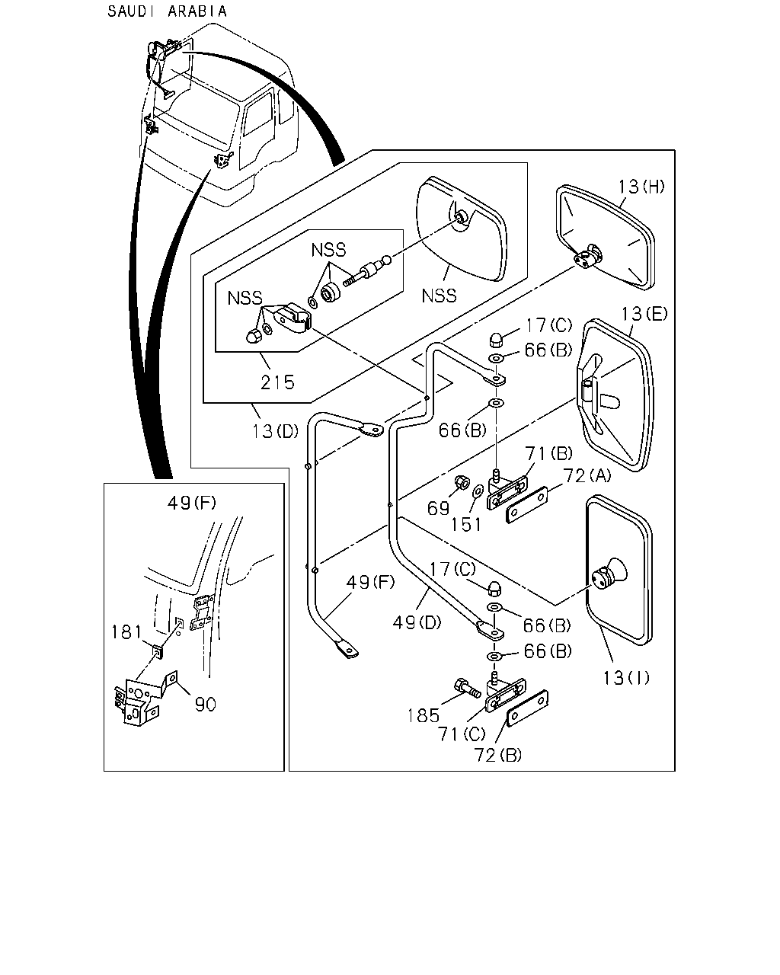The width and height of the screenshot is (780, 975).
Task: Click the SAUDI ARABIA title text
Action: (167, 11)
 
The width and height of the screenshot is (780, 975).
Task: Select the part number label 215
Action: (277, 382)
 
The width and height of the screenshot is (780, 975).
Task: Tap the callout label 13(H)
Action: (641, 186)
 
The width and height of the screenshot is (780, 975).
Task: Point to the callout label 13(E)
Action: (644, 314)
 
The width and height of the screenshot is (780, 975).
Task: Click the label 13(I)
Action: (626, 678)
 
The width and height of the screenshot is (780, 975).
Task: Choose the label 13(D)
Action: (276, 431)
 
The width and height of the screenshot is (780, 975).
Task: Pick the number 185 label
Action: (424, 716)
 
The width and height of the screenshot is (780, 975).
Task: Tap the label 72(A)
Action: (587, 475)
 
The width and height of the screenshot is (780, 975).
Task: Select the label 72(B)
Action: (497, 755)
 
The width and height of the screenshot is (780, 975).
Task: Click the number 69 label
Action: (438, 508)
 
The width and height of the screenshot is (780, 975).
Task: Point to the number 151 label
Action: (466, 525)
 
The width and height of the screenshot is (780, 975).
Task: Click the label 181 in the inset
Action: (127, 632)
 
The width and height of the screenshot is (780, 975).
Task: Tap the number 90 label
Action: (206, 704)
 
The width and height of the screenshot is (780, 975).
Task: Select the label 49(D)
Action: (417, 622)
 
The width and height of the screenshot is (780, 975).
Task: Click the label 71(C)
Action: (462, 734)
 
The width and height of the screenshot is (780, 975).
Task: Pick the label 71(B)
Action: (549, 453)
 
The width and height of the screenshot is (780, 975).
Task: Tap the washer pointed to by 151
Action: (478, 491)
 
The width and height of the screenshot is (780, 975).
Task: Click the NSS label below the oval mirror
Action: (439, 296)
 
